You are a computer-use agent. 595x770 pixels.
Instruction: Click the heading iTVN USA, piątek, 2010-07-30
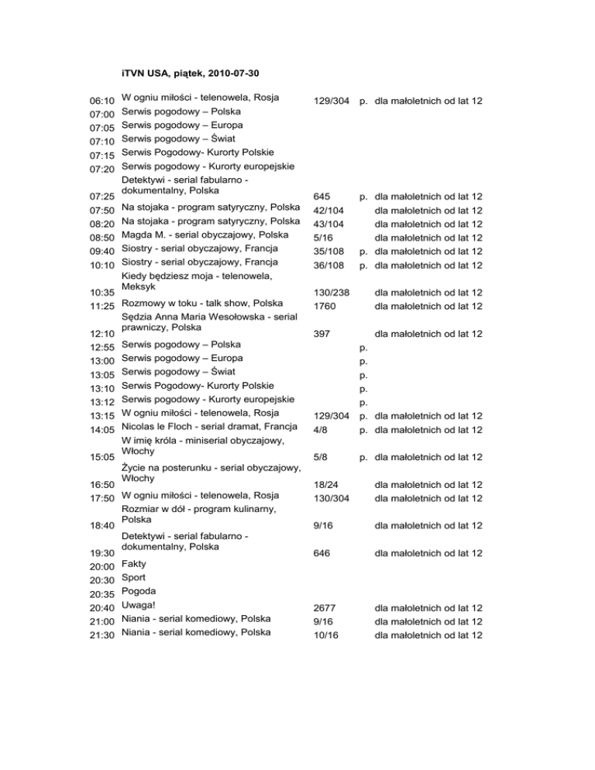point(191,74)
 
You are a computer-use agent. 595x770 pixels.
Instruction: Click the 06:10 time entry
point(103,101)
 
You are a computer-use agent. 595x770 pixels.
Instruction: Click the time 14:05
point(103,429)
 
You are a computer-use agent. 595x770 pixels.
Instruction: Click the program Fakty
point(136,565)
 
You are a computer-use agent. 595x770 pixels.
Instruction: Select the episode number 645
point(320,197)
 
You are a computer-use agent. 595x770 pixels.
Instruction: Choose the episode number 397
point(320,334)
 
